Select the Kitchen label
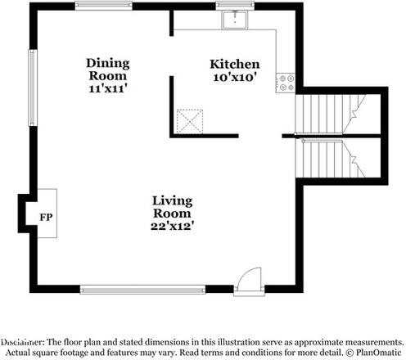(x=235, y=64)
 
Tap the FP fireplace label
(x=45, y=217)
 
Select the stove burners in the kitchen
(x=286, y=82)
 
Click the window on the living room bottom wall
(x=142, y=289)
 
